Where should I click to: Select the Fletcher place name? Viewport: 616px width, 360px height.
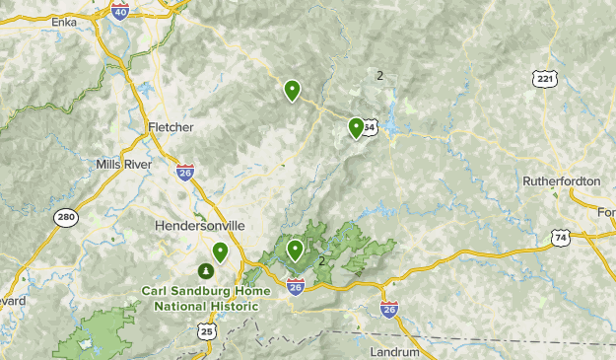(x=171, y=127)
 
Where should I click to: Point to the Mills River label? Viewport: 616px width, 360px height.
(x=124, y=164)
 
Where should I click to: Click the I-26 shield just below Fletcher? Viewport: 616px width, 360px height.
(x=185, y=173)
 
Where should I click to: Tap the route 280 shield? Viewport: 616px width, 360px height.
(x=66, y=218)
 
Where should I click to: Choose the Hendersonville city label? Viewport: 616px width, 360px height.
(x=200, y=225)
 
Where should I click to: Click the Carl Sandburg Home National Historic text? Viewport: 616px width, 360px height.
(x=200, y=298)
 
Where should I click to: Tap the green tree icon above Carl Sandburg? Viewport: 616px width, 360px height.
(x=207, y=269)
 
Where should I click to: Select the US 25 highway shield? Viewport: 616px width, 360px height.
(x=206, y=332)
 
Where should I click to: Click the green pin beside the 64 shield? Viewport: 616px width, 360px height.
(x=356, y=126)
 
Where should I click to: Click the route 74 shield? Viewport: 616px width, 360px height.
(x=561, y=238)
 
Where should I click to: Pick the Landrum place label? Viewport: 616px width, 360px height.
(x=394, y=352)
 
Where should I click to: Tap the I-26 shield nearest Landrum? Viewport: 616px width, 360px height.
(x=389, y=309)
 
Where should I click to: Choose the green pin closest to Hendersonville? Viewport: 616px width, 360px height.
(x=220, y=252)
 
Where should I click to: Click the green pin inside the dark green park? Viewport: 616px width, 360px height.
(x=295, y=249)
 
